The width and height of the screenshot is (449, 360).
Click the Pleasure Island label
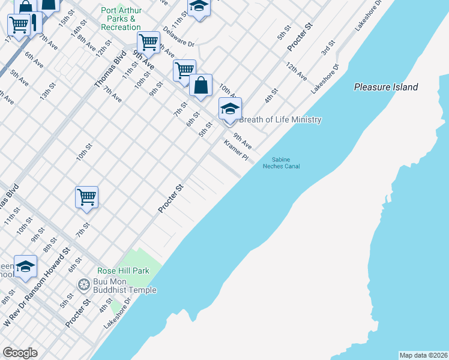(386, 87)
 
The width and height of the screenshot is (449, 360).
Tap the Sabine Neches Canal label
(281, 163)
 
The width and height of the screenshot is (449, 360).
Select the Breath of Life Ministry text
(280, 119)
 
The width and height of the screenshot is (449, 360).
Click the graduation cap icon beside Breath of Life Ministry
(230, 110)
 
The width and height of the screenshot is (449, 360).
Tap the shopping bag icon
(200, 86)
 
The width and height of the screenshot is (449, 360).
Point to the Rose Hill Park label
(124, 271)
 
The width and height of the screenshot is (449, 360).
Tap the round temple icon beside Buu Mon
(83, 283)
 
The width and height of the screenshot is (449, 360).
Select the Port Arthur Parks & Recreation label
(121, 19)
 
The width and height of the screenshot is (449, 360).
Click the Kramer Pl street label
(236, 151)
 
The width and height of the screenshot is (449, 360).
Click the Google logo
(19, 353)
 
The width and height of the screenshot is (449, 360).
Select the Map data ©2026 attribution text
(423, 355)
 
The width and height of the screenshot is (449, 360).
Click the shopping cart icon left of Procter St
(86, 197)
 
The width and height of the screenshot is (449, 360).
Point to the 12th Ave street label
(296, 71)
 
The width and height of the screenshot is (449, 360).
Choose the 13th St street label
(47, 91)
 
